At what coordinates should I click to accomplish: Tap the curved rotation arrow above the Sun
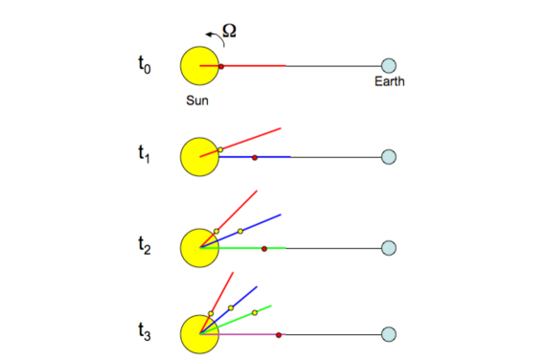[212, 36]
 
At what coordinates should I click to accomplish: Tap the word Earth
[389, 82]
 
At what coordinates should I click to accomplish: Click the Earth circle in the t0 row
[389, 66]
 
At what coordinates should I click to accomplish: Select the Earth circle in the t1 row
[389, 156]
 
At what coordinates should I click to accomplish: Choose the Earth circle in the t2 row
[389, 248]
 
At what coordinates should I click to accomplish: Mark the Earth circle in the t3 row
[389, 334]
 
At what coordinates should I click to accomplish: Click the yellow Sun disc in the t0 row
[199, 66]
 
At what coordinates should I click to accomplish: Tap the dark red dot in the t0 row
[221, 66]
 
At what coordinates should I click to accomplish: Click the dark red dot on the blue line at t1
[254, 156]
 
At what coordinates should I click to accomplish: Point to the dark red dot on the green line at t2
[264, 248]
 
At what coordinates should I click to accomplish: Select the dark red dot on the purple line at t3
[279, 334]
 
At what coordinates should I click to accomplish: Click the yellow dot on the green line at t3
[255, 312]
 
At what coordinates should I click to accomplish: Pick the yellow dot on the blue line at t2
[240, 231]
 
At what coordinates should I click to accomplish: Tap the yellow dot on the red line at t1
[220, 149]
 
